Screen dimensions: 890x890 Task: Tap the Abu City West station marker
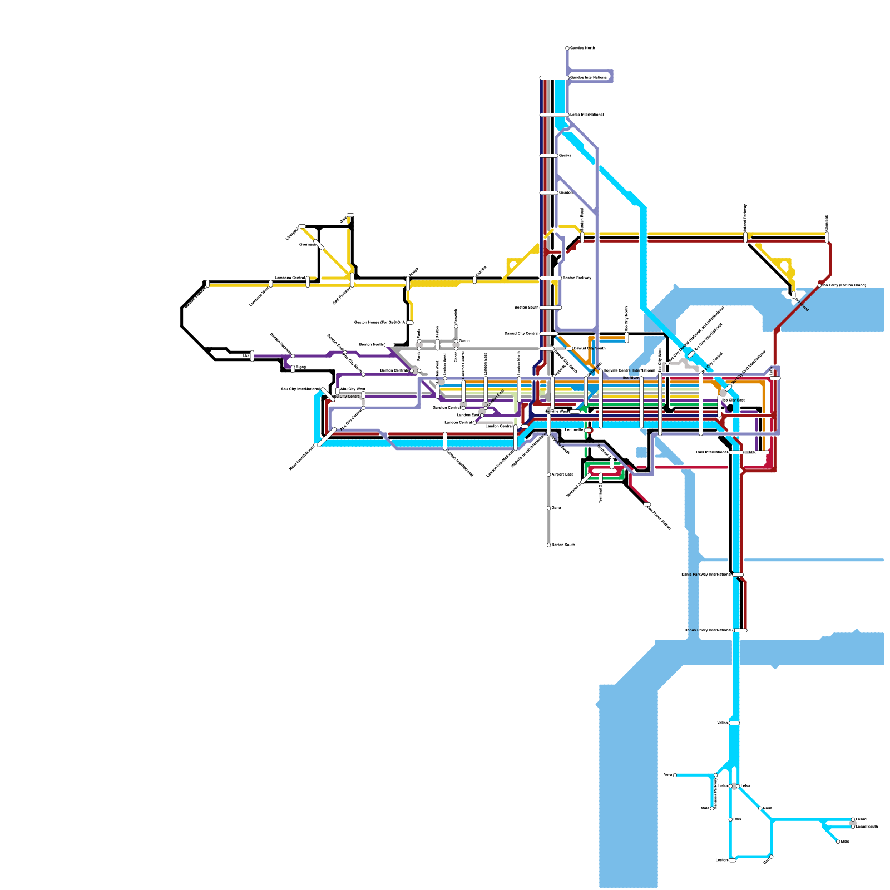(x=337, y=391)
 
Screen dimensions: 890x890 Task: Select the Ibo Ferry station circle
(x=819, y=285)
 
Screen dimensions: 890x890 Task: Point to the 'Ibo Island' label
(x=802, y=304)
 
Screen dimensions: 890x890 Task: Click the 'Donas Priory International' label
(x=708, y=630)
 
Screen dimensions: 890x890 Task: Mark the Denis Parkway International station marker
(x=738, y=575)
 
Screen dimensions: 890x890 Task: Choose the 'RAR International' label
(x=711, y=452)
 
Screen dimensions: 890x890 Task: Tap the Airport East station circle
(x=548, y=474)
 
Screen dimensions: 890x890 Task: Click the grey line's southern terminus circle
(x=548, y=545)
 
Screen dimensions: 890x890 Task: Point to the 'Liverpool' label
(x=293, y=234)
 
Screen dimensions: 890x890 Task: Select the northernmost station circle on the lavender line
(x=567, y=48)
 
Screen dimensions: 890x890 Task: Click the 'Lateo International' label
(x=587, y=115)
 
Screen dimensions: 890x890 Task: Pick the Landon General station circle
(x=474, y=423)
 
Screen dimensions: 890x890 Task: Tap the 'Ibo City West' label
(x=660, y=360)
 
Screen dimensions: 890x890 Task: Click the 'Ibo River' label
(x=630, y=378)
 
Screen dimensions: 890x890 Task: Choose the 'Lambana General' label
(x=289, y=278)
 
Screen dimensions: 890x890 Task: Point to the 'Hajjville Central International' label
(x=629, y=370)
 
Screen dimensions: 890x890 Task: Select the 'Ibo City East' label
(x=733, y=400)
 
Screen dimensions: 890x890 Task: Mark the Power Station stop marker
(x=647, y=505)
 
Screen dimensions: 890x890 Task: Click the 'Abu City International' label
(x=300, y=389)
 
